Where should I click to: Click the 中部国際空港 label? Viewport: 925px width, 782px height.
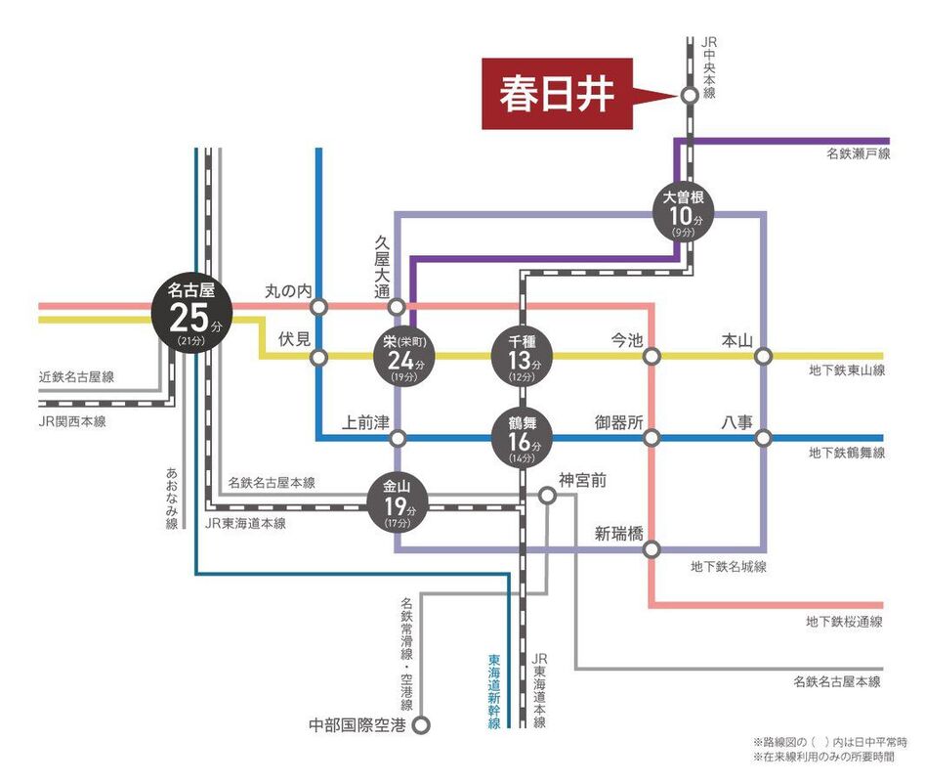357,725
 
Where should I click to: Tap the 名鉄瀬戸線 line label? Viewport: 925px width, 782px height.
858,154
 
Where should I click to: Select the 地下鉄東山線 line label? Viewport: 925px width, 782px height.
846,370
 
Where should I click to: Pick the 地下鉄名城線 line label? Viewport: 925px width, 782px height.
728,566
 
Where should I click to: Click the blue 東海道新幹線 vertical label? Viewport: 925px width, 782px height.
494,691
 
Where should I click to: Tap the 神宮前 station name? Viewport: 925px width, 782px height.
583,480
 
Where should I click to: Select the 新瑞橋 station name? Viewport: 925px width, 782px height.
618,533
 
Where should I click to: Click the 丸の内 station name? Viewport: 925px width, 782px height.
288,290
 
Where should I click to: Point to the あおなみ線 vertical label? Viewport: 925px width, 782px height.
172,498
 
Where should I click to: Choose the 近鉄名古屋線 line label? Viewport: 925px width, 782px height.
77,377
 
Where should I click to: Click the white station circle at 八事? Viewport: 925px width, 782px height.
763,437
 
